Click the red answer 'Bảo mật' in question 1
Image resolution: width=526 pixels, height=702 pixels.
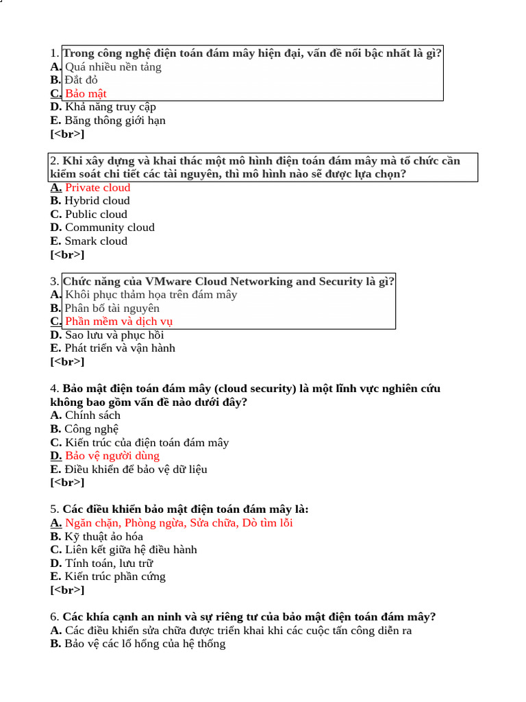click(x=86, y=93)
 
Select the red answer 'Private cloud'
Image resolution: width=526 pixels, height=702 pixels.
click(x=97, y=187)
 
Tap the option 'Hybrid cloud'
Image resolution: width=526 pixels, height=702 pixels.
click(x=97, y=201)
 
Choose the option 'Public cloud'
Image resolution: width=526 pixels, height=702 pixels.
click(x=96, y=214)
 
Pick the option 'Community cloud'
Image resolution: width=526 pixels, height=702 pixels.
click(x=110, y=228)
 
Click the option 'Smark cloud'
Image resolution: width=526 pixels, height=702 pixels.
click(x=96, y=241)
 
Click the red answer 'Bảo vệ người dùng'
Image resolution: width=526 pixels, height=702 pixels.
click(x=112, y=455)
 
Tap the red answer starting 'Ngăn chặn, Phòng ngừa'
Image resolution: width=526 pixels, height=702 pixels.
click(x=179, y=522)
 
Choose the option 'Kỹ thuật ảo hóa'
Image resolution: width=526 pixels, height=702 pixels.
click(x=103, y=536)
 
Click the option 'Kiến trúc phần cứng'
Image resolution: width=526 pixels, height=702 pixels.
click(x=115, y=577)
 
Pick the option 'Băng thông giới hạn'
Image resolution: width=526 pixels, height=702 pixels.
click(x=115, y=121)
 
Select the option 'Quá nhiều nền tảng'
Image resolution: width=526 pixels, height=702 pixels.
click(x=113, y=66)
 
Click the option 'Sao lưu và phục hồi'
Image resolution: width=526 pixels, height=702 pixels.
click(x=114, y=335)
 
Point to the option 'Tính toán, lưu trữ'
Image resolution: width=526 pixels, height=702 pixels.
click(x=109, y=563)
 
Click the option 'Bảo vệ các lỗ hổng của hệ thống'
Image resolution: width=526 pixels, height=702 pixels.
click(x=145, y=644)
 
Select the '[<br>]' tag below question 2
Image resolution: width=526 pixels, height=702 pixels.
click(x=67, y=254)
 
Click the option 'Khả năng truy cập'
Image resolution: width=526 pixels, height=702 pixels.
click(x=110, y=107)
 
